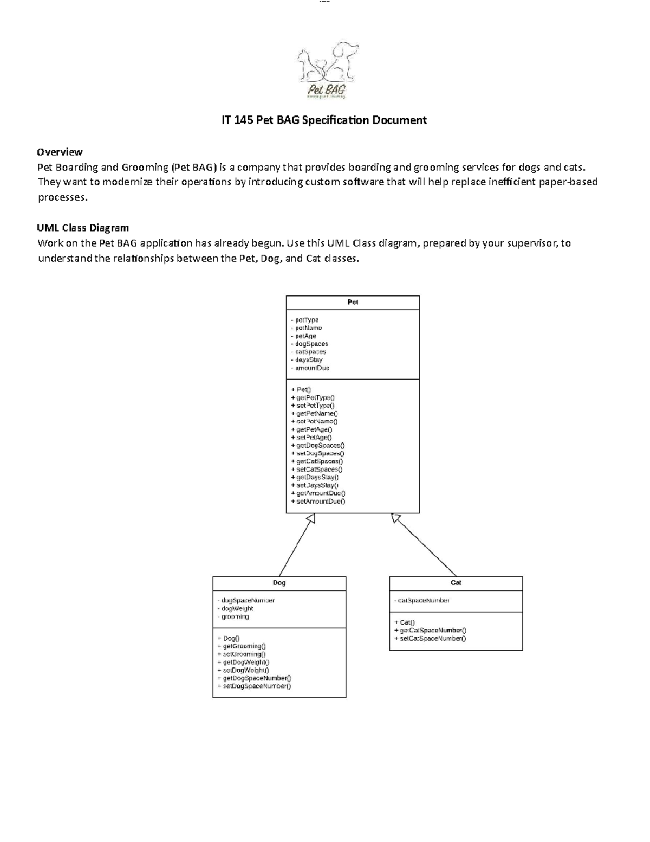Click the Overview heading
[x=60, y=152]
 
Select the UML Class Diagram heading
[x=83, y=228]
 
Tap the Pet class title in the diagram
[x=353, y=303]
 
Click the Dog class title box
[x=279, y=583]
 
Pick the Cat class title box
[x=456, y=583]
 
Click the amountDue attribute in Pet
[x=311, y=368]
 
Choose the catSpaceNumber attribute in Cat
[x=423, y=600]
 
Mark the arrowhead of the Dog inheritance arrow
[x=310, y=519]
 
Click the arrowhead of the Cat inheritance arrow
[x=396, y=518]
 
